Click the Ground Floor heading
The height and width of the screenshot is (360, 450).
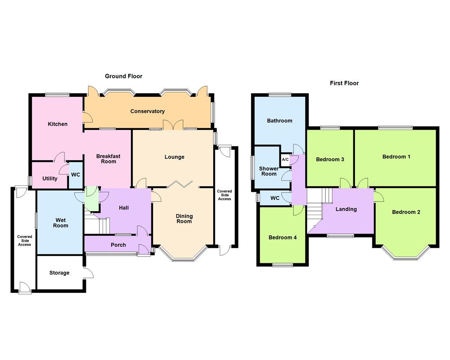click(123, 76)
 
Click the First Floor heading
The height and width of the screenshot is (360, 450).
click(344, 83)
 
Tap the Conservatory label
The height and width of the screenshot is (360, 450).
click(148, 111)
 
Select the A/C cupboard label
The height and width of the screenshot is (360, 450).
click(285, 160)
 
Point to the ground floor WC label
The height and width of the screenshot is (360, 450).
click(76, 175)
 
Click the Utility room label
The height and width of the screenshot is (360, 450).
click(50, 179)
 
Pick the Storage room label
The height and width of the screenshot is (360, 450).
click(59, 273)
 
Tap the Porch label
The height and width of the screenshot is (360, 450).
click(118, 245)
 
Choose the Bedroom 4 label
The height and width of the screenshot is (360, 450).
click(283, 238)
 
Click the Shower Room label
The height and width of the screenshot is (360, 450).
click(269, 171)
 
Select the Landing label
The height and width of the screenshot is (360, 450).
click(346, 209)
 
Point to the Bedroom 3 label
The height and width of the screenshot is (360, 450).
click(330, 159)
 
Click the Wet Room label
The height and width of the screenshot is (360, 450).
click(61, 223)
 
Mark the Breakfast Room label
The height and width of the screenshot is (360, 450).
click(108, 159)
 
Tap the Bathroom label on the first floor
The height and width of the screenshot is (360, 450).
click(279, 121)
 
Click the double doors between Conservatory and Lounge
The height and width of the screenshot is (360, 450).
click(173, 125)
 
